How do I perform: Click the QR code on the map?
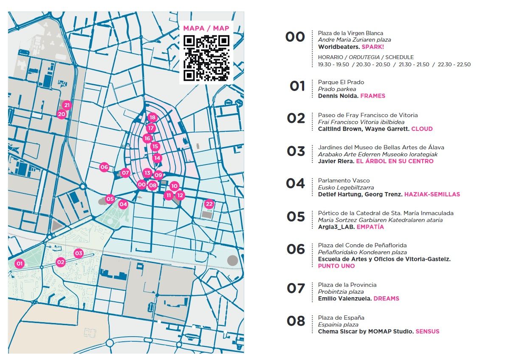coord(206,58)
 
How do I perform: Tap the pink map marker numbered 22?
coord(209,204)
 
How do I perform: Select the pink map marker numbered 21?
coord(67,105)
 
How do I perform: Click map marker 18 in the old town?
coord(152,118)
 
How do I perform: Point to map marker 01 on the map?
coord(19,264)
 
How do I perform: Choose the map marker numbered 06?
coord(104,167)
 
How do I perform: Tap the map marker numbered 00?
coord(141,184)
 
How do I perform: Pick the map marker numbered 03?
coord(79,253)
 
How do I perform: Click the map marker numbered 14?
coord(157,158)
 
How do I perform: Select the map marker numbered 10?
coord(174,186)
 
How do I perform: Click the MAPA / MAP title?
coord(206,28)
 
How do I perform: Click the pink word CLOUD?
coord(422,129)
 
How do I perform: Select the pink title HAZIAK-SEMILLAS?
coord(432,194)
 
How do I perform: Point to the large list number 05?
coord(296,217)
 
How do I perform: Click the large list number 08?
coord(296,321)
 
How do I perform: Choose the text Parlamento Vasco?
coord(344,181)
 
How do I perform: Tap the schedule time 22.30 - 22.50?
coord(454,65)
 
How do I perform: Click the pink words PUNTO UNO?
coord(336,266)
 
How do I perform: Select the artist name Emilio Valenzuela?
coord(344,299)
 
